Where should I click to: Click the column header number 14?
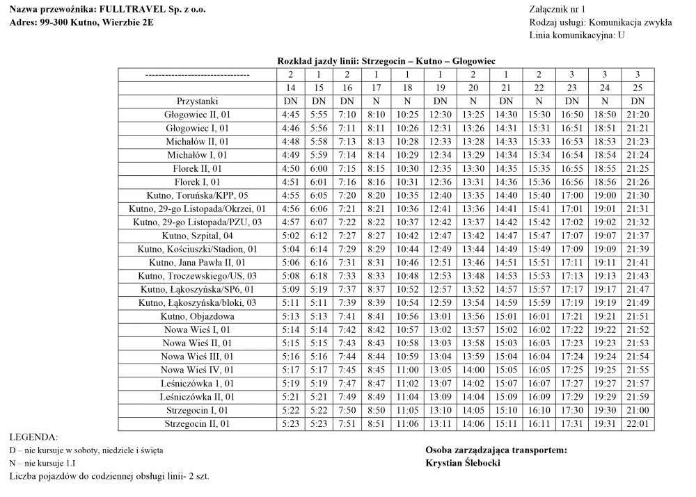pyautogui.click(x=290, y=88)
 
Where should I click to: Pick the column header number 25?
pyautogui.click(x=638, y=88)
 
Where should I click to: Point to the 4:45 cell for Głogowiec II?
pyautogui.click(x=290, y=115)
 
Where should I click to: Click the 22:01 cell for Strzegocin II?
pyautogui.click(x=638, y=423)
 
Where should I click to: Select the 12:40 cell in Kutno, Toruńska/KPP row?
pyautogui.click(x=441, y=195)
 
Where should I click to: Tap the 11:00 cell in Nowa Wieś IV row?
pyautogui.click(x=407, y=370)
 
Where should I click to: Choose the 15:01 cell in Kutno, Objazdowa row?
pyautogui.click(x=506, y=316)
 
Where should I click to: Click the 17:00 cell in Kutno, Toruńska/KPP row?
pyautogui.click(x=571, y=195)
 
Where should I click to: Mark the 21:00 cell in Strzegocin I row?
pyautogui.click(x=638, y=410)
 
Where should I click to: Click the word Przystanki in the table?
pyautogui.click(x=198, y=101)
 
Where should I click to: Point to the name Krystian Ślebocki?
pyautogui.click(x=463, y=464)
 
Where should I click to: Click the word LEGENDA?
pyautogui.click(x=33, y=437)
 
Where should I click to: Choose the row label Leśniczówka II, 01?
pyautogui.click(x=198, y=397)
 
